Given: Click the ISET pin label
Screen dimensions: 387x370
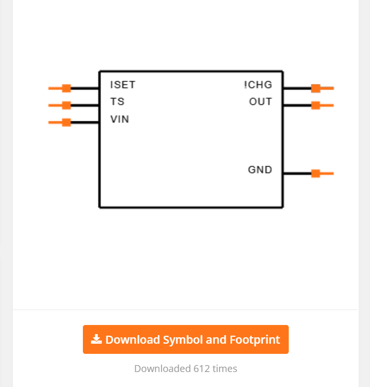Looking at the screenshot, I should coord(122,85).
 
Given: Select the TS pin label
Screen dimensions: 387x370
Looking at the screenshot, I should coord(117,102).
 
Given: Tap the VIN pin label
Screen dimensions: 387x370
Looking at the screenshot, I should coord(119,119).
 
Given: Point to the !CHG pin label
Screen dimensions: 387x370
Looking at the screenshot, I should coord(258,85).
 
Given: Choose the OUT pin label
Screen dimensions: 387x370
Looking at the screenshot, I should coord(260,102).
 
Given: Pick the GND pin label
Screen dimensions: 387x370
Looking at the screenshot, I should coord(260,170).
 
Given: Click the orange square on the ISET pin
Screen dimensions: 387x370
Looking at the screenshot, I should coord(66,88).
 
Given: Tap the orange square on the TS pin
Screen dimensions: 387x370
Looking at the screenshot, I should coord(66,105).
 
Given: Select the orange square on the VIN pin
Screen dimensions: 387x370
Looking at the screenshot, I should coord(66,122).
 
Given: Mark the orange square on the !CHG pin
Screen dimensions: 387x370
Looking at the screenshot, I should coord(316,88).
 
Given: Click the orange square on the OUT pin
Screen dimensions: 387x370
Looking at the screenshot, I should coord(316,105).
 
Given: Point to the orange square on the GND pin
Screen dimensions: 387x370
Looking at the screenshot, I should coord(316,173).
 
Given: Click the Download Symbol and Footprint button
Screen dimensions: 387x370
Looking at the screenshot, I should coord(186,339).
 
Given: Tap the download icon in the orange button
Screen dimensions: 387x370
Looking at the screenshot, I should coord(96,339).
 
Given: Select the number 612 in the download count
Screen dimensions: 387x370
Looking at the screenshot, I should coord(202,369).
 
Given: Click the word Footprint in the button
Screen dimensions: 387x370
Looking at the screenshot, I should coord(255,340).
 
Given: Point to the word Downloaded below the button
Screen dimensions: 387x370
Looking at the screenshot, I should coord(160,369).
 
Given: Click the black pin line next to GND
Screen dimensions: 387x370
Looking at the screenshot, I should coord(297,173).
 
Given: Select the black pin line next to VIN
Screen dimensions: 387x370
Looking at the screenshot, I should coord(85,122).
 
